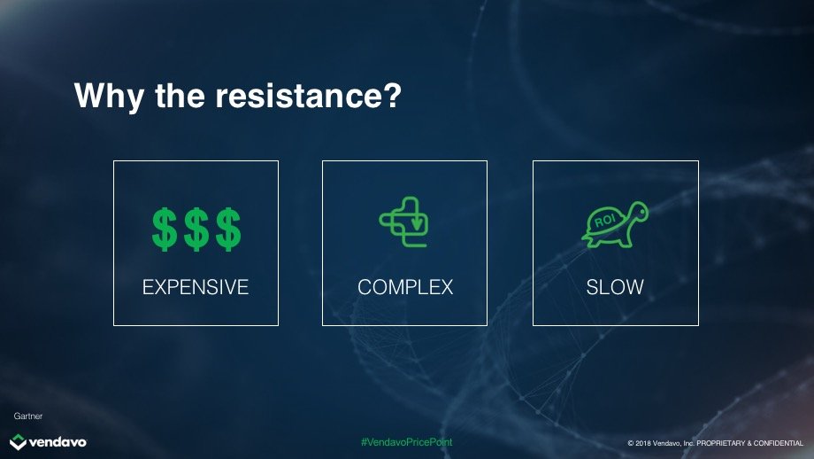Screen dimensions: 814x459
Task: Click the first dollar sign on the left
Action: [165, 229]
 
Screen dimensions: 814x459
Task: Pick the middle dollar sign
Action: [196, 229]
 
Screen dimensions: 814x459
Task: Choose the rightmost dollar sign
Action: [228, 229]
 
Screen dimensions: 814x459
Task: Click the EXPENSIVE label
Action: [196, 287]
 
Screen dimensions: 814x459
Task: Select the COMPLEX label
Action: [405, 287]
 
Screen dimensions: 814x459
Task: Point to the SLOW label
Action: [615, 287]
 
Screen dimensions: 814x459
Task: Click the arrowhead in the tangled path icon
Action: [417, 224]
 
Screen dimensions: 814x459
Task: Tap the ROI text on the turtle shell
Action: [605, 221]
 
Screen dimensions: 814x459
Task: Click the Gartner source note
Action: [28, 416]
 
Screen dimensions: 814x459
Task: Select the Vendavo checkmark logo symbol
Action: [19, 442]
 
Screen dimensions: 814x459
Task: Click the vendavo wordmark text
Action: [58, 442]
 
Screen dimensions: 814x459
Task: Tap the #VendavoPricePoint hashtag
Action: [406, 442]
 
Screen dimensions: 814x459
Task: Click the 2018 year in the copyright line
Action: [643, 443]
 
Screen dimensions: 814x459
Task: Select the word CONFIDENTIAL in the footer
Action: [779, 443]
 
